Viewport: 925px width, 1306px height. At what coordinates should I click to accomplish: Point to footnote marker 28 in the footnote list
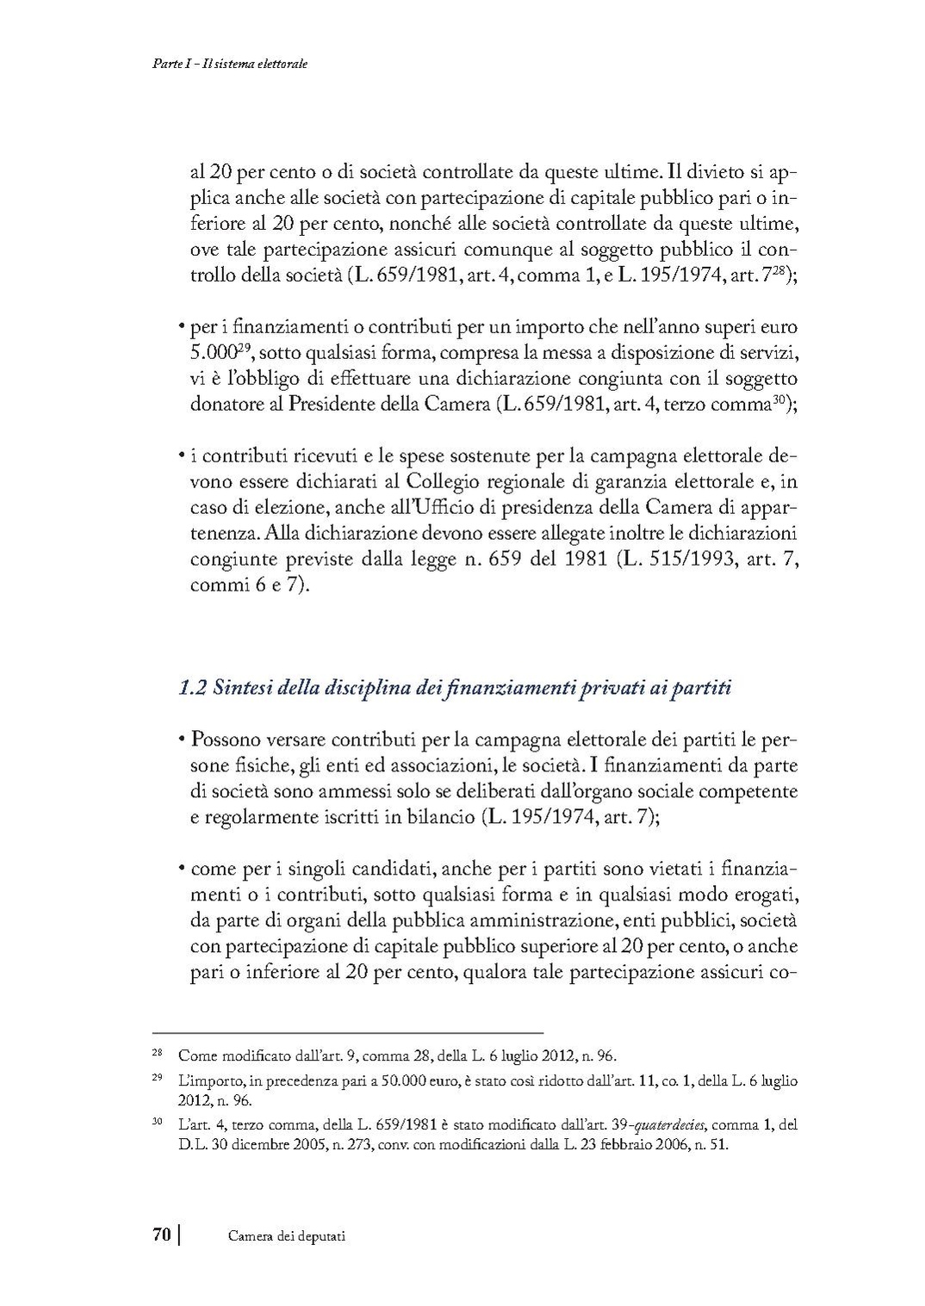point(157,1054)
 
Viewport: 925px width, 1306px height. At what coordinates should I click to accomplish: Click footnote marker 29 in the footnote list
point(157,1078)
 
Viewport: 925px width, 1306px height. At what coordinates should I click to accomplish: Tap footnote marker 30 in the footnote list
point(157,1123)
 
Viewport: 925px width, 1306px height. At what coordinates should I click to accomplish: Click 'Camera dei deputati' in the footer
point(287,1236)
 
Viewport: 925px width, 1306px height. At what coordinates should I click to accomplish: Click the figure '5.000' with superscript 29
point(212,354)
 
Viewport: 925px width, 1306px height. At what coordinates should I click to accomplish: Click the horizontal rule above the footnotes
point(347,1031)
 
